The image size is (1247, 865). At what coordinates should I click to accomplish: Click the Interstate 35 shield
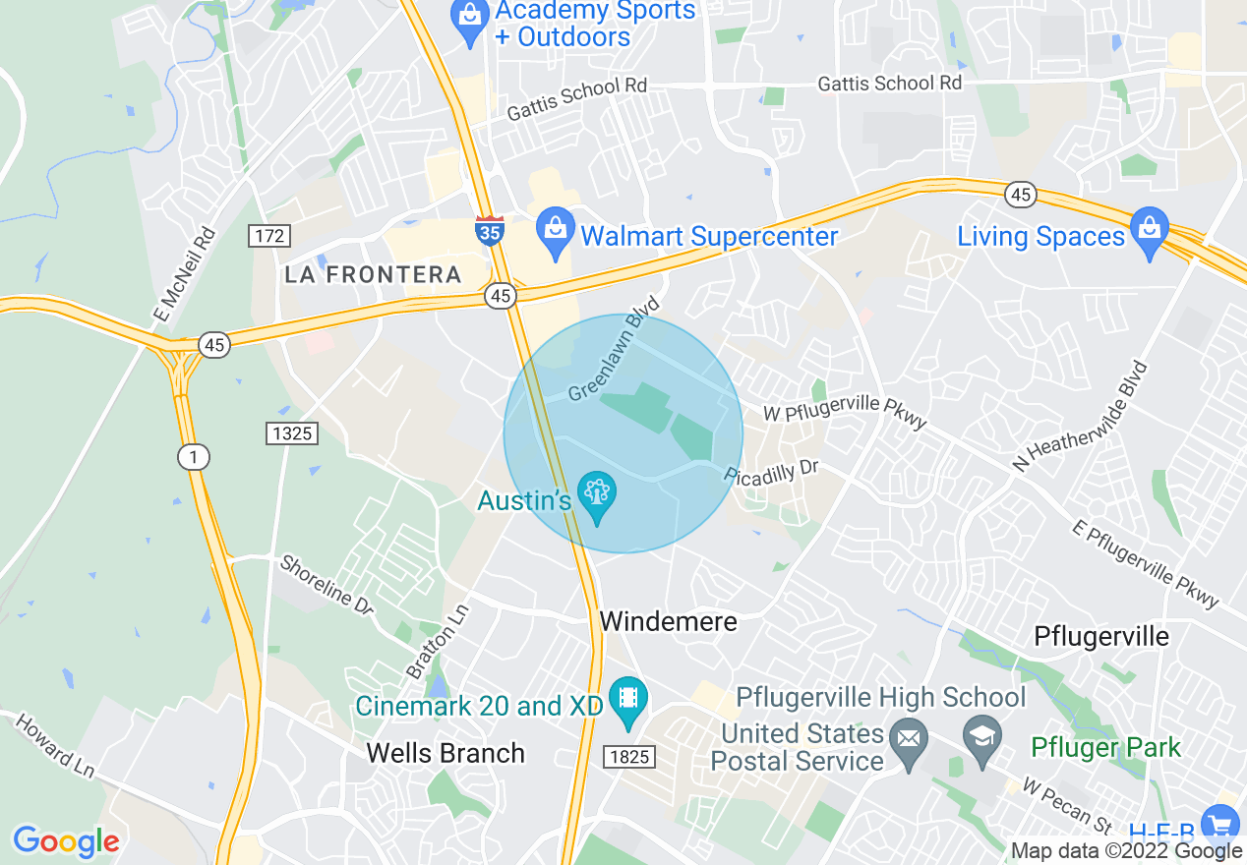coord(489,230)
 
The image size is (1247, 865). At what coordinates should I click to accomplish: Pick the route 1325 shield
coord(293,432)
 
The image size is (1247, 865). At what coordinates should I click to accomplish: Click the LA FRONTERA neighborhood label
coord(373,275)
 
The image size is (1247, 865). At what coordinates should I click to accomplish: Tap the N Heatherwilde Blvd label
coord(1081,416)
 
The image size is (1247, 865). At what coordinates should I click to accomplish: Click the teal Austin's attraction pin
coord(596,494)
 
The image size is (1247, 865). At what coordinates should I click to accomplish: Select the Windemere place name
coord(668,622)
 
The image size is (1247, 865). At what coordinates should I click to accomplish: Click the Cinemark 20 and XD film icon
coord(626,700)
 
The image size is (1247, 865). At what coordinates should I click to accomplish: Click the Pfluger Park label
coord(1105,748)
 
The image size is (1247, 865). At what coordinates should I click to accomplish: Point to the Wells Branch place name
coord(445,753)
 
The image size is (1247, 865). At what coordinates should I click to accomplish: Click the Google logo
coord(66,841)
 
